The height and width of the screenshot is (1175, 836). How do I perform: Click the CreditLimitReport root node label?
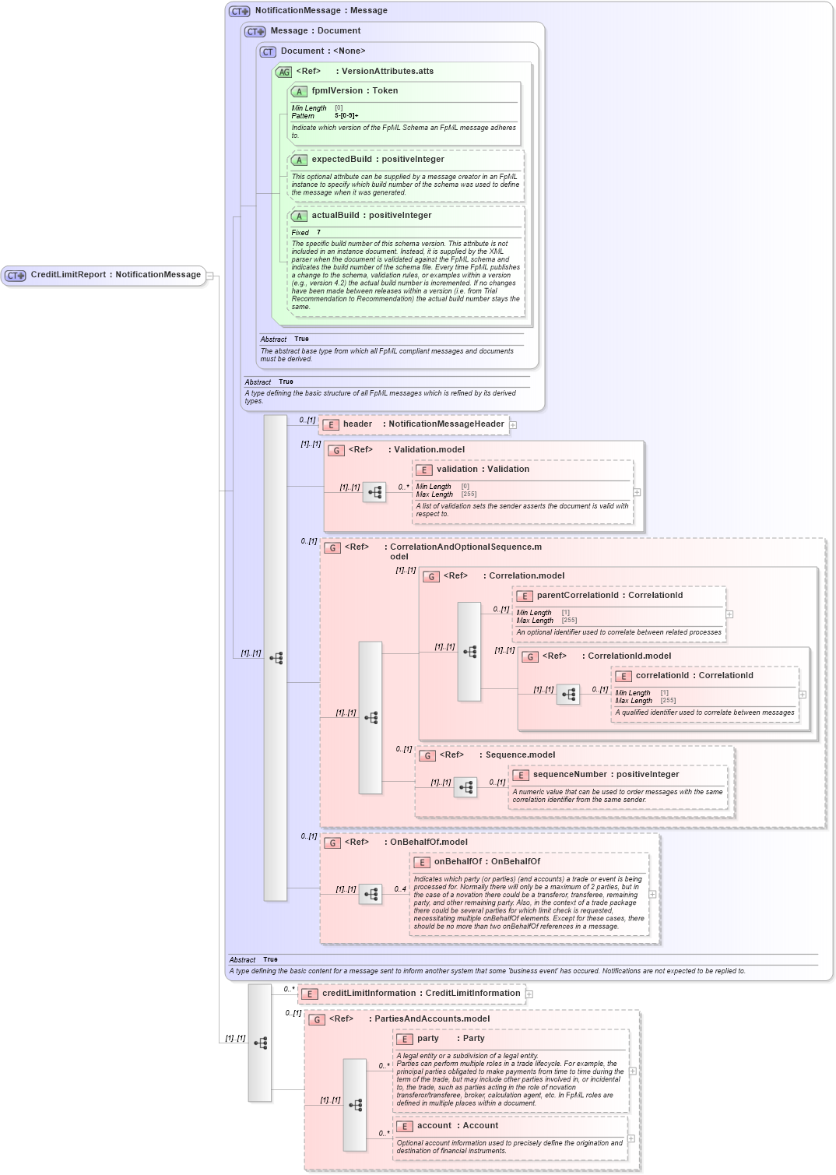[115, 275]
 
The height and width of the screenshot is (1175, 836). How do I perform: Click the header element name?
[357, 424]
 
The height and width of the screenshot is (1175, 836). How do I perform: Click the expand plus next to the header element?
[513, 425]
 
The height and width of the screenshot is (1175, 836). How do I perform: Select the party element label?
[427, 1039]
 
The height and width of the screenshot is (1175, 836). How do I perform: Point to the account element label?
[434, 1126]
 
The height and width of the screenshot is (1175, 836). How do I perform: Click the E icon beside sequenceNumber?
[521, 776]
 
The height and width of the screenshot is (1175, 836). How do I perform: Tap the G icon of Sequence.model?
[427, 755]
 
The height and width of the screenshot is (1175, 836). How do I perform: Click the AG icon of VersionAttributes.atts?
[283, 72]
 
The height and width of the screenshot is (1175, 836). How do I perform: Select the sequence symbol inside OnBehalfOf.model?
[371, 895]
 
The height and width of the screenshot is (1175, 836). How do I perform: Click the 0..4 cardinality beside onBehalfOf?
[400, 889]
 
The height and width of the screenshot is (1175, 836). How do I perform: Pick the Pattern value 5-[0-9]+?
[346, 116]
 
